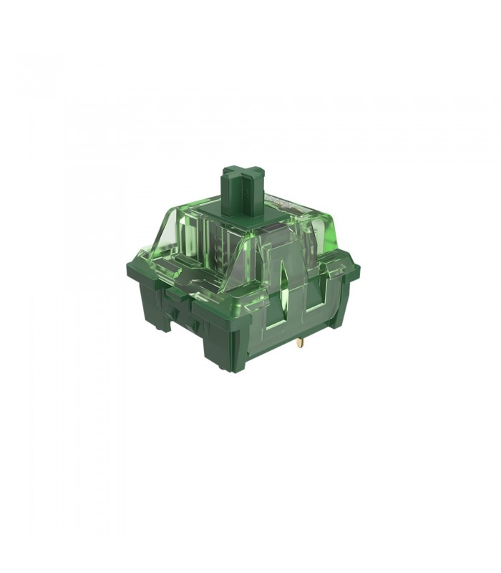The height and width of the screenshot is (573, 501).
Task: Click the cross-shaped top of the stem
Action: [241, 173]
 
